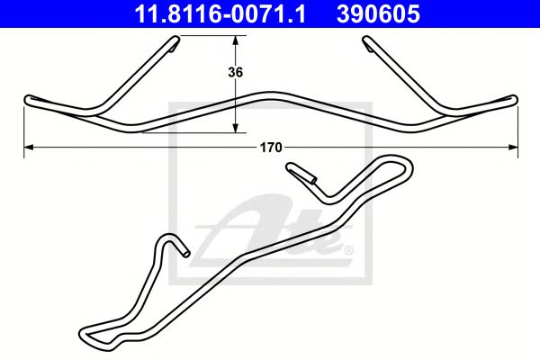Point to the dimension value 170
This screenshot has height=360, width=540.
(x=271, y=147)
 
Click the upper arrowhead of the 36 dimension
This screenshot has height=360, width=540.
(x=236, y=40)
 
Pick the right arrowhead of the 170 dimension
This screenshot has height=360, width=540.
(x=514, y=145)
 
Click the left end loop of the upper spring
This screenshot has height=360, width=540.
(x=30, y=99)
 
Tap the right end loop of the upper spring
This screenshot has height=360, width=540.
(x=514, y=99)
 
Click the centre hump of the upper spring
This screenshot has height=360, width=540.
(x=271, y=93)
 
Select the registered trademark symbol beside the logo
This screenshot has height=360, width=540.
(x=347, y=249)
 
